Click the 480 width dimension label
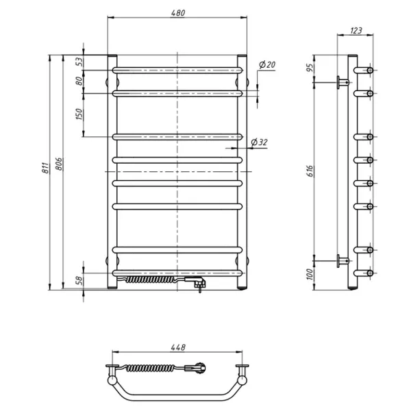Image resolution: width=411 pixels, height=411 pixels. click(x=178, y=13)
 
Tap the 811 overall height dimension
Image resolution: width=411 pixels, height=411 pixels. click(x=45, y=168)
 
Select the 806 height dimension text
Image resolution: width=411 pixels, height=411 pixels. click(x=59, y=164)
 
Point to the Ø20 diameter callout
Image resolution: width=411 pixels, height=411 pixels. click(x=267, y=64)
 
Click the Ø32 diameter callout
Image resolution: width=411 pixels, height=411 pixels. click(x=259, y=142)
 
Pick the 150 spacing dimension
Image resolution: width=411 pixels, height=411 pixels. click(x=79, y=114)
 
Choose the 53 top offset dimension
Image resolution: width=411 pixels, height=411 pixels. click(x=79, y=62)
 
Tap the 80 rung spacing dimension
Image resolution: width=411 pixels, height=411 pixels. click(x=79, y=81)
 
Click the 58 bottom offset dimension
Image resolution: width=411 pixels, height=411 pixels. click(x=79, y=281)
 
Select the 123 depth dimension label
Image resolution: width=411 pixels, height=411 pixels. click(x=356, y=31)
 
